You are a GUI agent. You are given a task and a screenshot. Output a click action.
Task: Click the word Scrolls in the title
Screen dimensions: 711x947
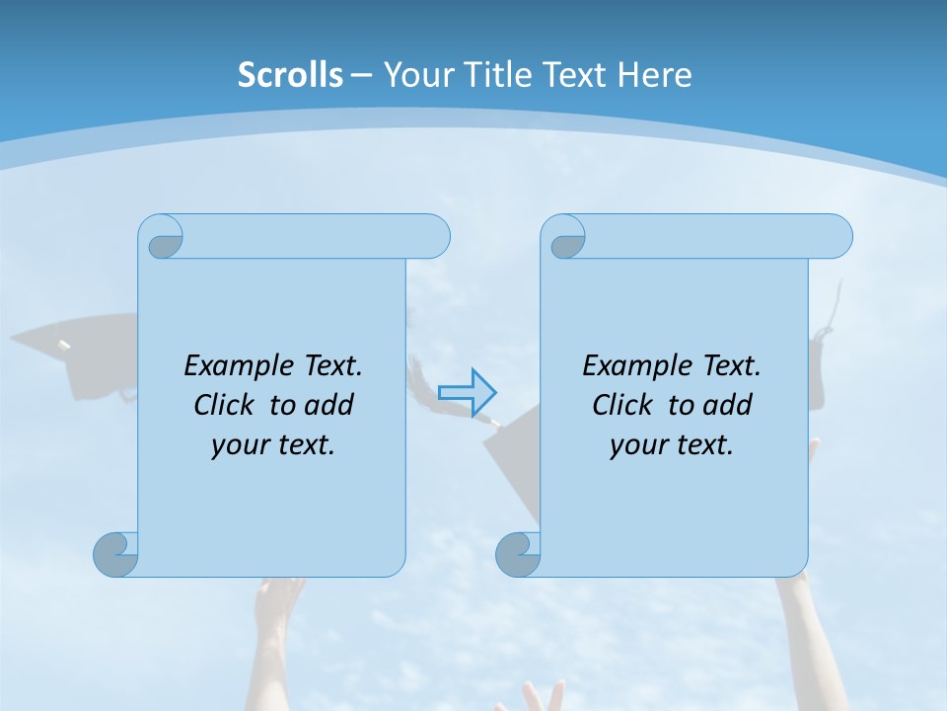click(x=290, y=75)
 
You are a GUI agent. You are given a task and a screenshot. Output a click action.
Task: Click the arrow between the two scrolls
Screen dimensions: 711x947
click(x=467, y=392)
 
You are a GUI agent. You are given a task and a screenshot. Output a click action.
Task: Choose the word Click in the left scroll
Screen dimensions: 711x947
click(x=226, y=405)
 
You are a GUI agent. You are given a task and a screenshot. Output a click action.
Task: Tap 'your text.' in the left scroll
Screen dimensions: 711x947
click(x=272, y=444)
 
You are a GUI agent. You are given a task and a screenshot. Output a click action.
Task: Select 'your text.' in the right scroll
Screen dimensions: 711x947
click(x=671, y=444)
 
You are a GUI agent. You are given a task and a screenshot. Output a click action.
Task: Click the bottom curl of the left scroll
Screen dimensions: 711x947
click(x=115, y=554)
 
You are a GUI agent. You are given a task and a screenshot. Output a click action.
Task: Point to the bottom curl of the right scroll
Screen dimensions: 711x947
click(x=518, y=554)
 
